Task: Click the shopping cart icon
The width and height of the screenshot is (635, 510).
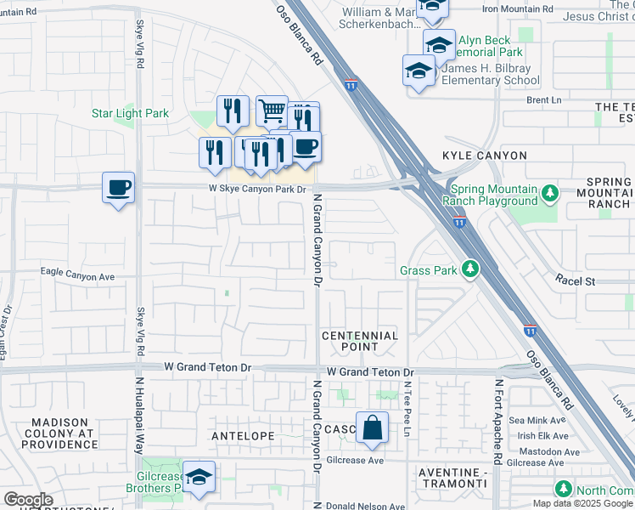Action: (x=272, y=110)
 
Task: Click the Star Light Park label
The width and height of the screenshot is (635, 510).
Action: (x=131, y=113)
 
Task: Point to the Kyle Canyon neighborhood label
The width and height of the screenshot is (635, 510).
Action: (x=485, y=156)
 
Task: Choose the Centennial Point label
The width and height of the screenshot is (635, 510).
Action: (x=360, y=341)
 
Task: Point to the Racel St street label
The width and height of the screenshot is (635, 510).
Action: (x=576, y=280)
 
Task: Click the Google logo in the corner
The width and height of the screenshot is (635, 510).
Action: (x=29, y=500)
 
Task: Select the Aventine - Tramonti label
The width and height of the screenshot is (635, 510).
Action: (x=453, y=477)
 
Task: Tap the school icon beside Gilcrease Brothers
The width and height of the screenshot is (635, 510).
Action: (x=199, y=478)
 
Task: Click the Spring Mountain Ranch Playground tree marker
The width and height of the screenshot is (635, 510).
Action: (x=549, y=194)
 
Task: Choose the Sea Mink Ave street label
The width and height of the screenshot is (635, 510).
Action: (x=537, y=420)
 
